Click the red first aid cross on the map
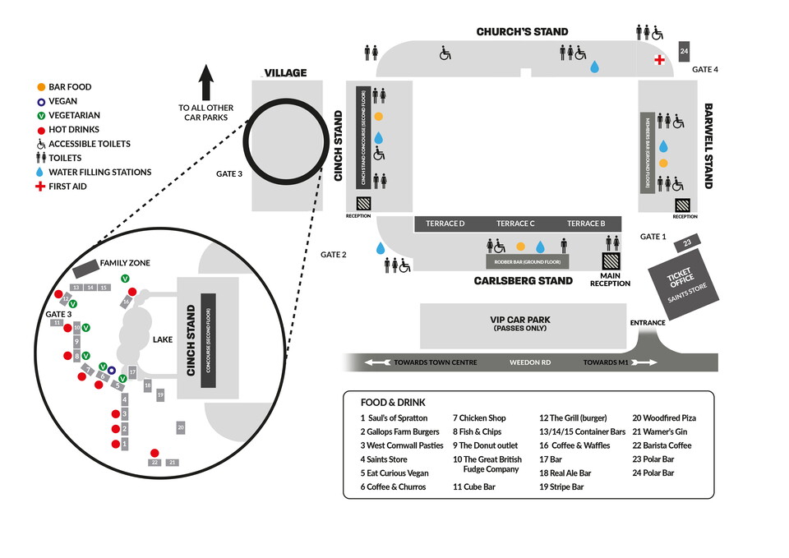(x=659, y=60)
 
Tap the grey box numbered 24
(x=684, y=51)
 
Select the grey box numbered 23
(x=685, y=243)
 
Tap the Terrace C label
(x=515, y=224)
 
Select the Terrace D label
(x=445, y=224)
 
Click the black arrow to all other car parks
(x=206, y=83)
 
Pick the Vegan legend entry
(x=62, y=101)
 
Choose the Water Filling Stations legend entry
(x=99, y=173)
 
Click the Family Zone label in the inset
(x=126, y=263)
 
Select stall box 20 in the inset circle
(x=180, y=427)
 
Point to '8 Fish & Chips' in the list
(x=477, y=432)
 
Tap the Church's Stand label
(x=522, y=32)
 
